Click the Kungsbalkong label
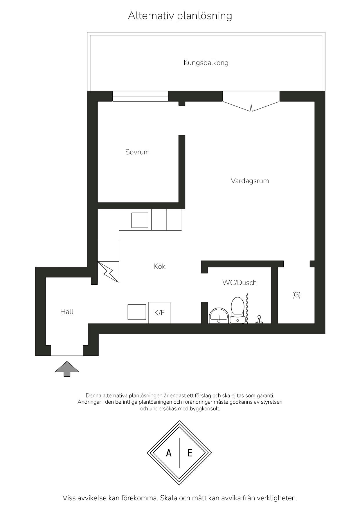pos(206,63)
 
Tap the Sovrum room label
pos(137,152)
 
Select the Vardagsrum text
pos(250,181)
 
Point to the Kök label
pos(160,266)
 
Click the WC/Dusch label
pos(240,283)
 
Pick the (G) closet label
pos(296,295)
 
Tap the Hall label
pos(67,312)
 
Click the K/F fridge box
pos(159,313)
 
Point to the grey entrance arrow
pos(67,369)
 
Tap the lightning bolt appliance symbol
pos(108,272)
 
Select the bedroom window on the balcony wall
pos(141,96)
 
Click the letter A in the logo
pos(169,453)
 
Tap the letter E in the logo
pos(190,453)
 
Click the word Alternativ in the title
pos(151,16)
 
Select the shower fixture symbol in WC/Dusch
pos(259,319)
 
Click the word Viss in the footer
pos(69,498)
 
